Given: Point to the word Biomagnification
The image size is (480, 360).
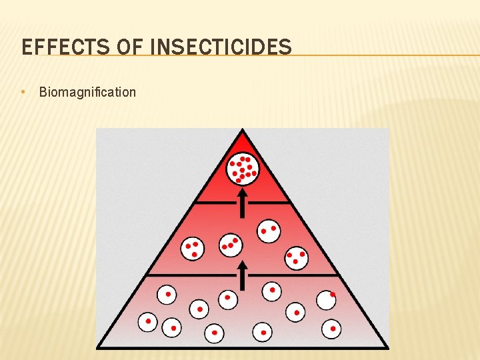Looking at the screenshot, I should click(87, 92).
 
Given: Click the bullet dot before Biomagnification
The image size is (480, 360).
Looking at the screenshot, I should click(24, 91).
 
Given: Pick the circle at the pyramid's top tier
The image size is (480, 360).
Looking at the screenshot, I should click(242, 169).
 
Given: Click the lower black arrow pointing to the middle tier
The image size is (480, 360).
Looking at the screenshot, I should click(243, 275).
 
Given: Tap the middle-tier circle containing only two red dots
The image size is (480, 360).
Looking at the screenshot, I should click(269, 231).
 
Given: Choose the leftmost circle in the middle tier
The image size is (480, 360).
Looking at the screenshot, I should click(192, 248).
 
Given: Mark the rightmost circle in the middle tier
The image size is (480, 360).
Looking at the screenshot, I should click(296, 256).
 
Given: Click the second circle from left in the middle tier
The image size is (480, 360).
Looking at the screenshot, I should click(231, 245).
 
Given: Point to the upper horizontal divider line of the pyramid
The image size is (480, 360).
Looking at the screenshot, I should click(242, 201).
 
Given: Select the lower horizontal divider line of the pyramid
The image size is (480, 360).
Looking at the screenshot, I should click(200, 274).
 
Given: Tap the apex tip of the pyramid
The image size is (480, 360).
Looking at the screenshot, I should click(243, 131).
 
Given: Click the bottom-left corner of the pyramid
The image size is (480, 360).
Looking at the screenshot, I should click(99, 347).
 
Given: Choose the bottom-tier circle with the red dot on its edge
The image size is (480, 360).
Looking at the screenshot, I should click(326, 300).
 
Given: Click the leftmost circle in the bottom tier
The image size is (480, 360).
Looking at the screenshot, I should click(148, 322).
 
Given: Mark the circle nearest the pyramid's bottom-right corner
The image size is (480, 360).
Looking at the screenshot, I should click(331, 329).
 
